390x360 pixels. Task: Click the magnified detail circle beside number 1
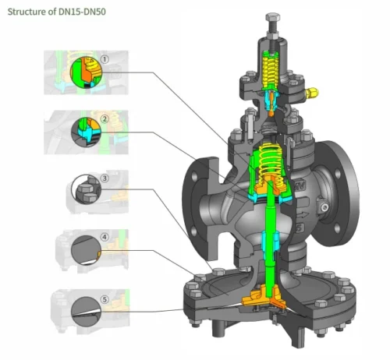coord(87,72)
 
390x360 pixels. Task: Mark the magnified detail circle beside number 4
coord(85,251)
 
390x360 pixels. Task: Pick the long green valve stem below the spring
coord(268,234)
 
